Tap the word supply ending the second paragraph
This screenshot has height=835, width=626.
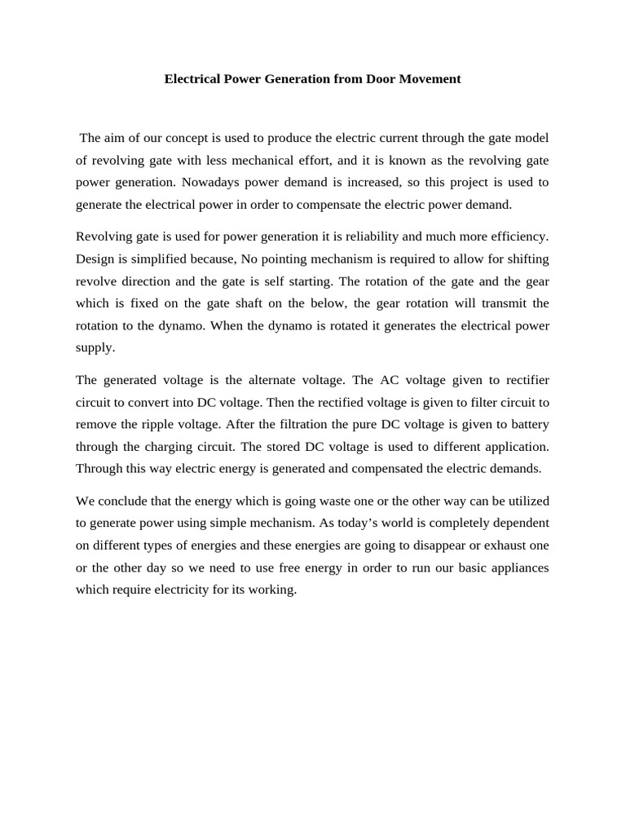point(95,347)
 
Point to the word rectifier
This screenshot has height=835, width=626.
point(523,380)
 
